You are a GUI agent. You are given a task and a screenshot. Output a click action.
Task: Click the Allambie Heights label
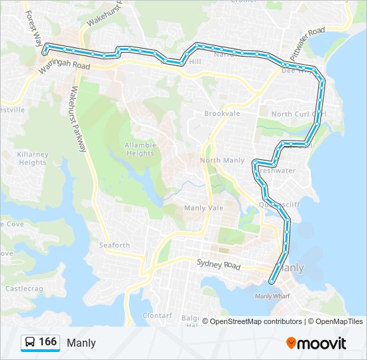139,149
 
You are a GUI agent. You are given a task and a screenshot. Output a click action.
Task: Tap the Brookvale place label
222,114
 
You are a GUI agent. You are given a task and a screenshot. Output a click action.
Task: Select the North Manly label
222,161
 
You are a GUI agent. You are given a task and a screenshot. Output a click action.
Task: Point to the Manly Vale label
204,208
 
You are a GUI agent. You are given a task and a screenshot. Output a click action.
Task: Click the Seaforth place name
115,245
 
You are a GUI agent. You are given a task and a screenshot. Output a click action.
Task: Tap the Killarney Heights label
33,159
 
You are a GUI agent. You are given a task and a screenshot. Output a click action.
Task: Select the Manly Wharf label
273,296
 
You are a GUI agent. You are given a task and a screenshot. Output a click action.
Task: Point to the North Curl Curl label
298,114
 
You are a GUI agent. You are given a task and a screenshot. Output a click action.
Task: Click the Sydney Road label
218,265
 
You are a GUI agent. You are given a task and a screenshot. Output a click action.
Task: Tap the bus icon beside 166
30,343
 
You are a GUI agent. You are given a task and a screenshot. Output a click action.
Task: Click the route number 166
48,342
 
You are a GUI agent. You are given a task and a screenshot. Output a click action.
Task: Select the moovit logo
316,343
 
